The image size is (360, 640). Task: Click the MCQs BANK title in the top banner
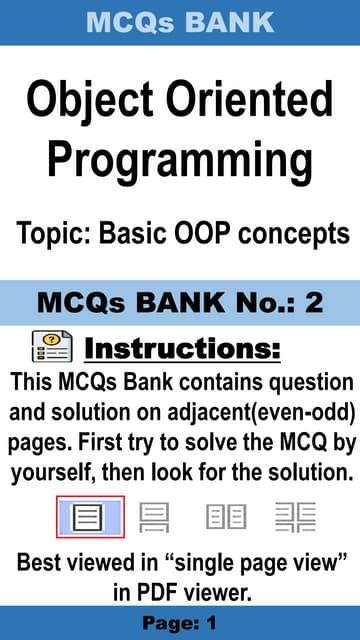pyautogui.click(x=180, y=22)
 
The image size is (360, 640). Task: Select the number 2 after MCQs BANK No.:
pyautogui.click(x=313, y=303)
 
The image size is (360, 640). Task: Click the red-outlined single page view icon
pyautogui.click(x=89, y=517)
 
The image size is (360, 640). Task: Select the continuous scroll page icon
pyautogui.click(x=155, y=517)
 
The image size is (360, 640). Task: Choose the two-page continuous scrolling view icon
pyautogui.click(x=295, y=517)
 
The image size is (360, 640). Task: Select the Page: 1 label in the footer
pyautogui.click(x=180, y=623)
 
